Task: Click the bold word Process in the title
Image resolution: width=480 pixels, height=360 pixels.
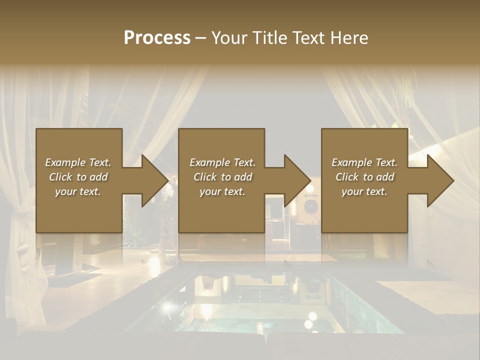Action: pyautogui.click(x=157, y=38)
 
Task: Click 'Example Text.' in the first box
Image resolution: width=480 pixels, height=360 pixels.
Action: pyautogui.click(x=78, y=162)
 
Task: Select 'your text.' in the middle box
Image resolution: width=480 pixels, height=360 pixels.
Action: pyautogui.click(x=222, y=191)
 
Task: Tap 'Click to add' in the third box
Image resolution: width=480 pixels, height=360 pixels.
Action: pyautogui.click(x=364, y=177)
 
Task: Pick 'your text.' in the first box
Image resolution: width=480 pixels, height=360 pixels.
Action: pyautogui.click(x=78, y=191)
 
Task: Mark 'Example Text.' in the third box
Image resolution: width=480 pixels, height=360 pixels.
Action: pyautogui.click(x=364, y=162)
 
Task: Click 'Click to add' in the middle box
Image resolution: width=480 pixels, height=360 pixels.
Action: pyautogui.click(x=222, y=177)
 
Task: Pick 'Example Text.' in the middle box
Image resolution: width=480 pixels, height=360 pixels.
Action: pyautogui.click(x=222, y=162)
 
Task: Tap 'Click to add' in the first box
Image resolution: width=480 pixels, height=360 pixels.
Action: pyautogui.click(x=78, y=177)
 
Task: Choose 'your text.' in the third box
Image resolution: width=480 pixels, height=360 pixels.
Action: pyautogui.click(x=364, y=191)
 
